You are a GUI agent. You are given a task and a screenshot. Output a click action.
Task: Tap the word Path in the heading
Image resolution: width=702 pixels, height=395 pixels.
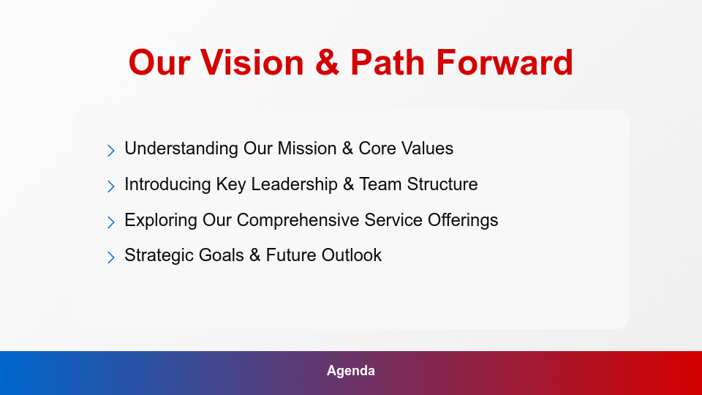388,63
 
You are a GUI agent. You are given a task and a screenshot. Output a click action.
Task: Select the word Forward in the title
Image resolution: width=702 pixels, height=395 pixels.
505,63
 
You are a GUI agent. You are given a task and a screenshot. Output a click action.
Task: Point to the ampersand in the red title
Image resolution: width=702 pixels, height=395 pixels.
328,63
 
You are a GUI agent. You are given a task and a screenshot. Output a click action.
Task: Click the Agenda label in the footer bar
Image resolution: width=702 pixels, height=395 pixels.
351,371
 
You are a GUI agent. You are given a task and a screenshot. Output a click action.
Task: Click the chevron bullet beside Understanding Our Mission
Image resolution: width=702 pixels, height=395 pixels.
111,151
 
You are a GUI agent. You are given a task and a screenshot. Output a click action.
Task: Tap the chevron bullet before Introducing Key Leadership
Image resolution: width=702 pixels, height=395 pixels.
111,187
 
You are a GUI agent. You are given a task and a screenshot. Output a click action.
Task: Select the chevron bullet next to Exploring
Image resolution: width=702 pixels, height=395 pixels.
111,222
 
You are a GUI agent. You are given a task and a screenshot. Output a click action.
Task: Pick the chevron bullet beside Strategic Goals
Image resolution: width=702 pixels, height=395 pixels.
111,257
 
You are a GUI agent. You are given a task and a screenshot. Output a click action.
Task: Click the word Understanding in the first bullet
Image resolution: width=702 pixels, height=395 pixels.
182,148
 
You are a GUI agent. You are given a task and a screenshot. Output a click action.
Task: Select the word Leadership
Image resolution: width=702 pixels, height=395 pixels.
294,184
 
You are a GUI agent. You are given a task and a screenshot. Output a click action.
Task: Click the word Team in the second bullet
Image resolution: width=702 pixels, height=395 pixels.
380,184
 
